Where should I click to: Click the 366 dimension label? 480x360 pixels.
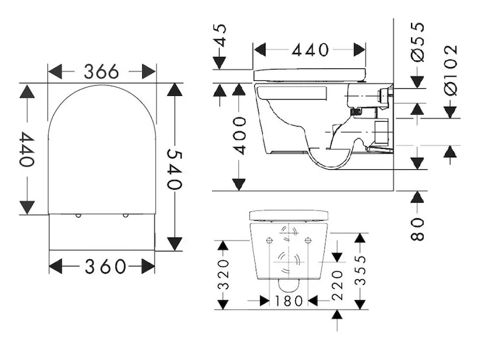click(x=101, y=72)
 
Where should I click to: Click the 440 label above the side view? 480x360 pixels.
click(x=310, y=50)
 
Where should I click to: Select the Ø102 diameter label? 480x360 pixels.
click(x=451, y=69)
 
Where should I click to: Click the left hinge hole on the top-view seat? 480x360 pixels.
click(x=78, y=215)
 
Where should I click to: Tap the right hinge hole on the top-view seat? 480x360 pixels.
click(x=125, y=215)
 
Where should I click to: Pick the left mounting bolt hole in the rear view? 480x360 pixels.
click(x=269, y=240)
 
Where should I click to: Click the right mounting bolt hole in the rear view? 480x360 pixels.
click(x=308, y=240)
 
